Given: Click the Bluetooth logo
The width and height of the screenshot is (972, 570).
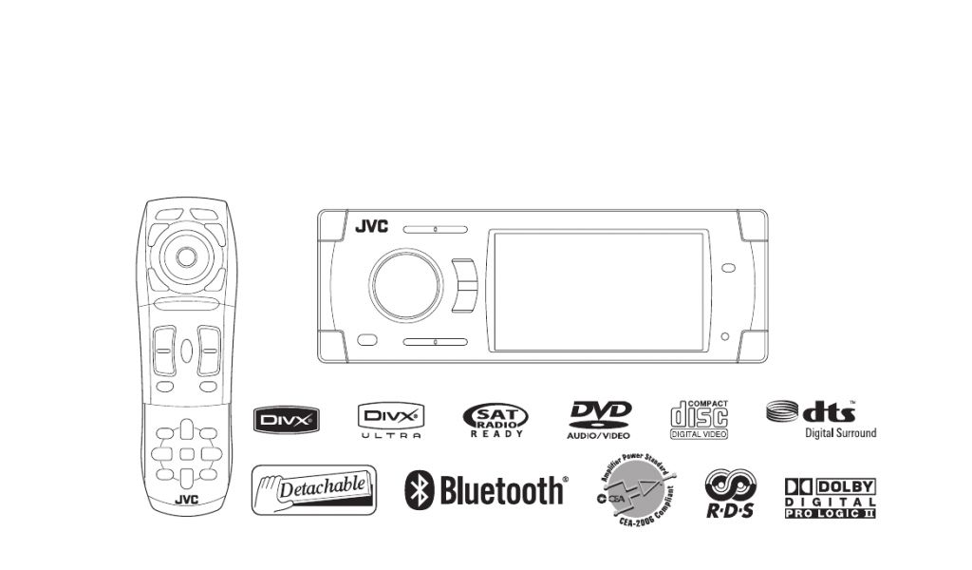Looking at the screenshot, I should click(486, 490).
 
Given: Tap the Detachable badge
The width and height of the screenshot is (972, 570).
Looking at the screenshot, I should click(314, 489).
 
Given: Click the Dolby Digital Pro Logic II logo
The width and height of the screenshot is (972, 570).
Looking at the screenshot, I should click(830, 498).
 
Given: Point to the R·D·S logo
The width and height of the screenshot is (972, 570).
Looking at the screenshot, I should click(730, 494).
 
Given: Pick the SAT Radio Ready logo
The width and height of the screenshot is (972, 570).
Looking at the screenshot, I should click(495, 419).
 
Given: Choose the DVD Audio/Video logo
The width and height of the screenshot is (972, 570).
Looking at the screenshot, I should click(600, 419).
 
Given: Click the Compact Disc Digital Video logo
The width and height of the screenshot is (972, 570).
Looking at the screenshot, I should click(700, 419).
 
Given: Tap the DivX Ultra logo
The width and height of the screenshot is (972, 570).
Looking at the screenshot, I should click(390, 419).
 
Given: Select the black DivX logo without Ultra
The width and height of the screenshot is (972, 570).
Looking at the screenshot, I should click(285, 419).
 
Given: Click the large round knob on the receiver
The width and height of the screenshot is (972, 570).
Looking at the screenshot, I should click(406, 284).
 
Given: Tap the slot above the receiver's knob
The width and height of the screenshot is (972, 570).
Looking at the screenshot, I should click(435, 229).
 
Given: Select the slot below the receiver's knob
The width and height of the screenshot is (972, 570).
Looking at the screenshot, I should click(435, 341).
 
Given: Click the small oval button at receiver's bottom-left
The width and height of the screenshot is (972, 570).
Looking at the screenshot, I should click(367, 339).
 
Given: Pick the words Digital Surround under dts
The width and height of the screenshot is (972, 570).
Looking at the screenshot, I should click(841, 433).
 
